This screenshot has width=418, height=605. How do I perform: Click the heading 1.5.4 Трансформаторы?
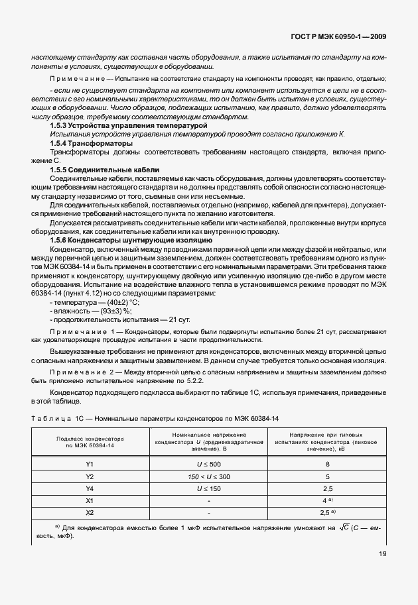pos(91,143)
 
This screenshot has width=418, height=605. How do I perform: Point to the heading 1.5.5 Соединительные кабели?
pos(104,170)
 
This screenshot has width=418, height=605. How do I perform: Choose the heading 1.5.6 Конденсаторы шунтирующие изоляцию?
pos(131,241)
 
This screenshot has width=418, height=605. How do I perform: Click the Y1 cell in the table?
pos(91,464)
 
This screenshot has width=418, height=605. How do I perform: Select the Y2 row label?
pos(91,476)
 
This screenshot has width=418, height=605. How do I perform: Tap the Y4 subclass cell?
pos(91,488)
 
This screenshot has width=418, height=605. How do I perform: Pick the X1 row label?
pos(91,500)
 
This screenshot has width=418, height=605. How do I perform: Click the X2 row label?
pos(91,512)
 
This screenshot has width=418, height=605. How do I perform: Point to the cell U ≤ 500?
pos(209,464)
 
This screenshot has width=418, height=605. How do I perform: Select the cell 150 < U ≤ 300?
pos(209,476)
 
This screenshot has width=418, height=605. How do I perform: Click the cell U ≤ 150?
pos(209,488)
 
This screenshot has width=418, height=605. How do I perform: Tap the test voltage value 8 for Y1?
pos(327,464)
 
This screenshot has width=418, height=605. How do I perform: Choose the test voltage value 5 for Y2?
pos(327,476)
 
